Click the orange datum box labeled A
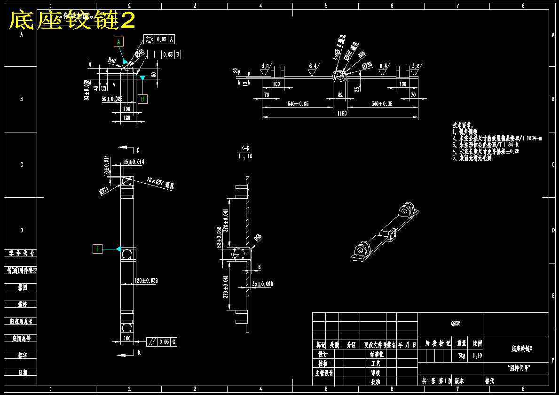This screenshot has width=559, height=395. pyautogui.click(x=119, y=42)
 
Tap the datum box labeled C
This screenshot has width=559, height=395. pyautogui.click(x=97, y=249)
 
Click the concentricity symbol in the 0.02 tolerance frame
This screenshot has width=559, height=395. pyautogui.click(x=150, y=39)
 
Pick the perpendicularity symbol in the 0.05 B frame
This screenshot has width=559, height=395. pyautogui.click(x=154, y=54)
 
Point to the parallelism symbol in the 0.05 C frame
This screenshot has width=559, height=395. pyautogui.click(x=152, y=342)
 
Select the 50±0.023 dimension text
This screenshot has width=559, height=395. pyautogui.click(x=112, y=99)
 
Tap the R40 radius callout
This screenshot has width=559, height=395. pyautogui.click(x=112, y=60)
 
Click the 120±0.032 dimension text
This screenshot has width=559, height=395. pyautogui.click(x=146, y=280)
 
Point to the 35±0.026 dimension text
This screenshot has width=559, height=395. pyautogui.click(x=262, y=284)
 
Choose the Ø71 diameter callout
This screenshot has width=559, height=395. pyautogui.click(x=104, y=190)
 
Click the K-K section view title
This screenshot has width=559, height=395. pyautogui.click(x=245, y=148)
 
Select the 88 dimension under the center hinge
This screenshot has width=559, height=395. pyautogui.click(x=340, y=95)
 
